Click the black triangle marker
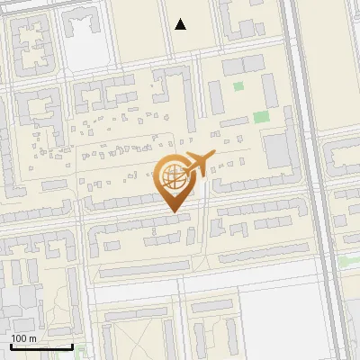pyautogui.click(x=181, y=24)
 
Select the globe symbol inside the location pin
pyautogui.click(x=174, y=177)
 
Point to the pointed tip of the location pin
pyautogui.click(x=174, y=212)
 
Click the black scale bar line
pyautogui.click(x=41, y=347)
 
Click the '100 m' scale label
pyautogui.click(x=23, y=338)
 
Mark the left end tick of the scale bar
pyautogui.click(x=11, y=346)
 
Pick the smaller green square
pyautogui.click(x=238, y=87)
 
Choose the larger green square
pyautogui.click(x=260, y=117)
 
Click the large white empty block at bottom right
pyautogui.click(x=297, y=319)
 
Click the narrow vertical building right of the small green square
pyautogui.click(x=269, y=90)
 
